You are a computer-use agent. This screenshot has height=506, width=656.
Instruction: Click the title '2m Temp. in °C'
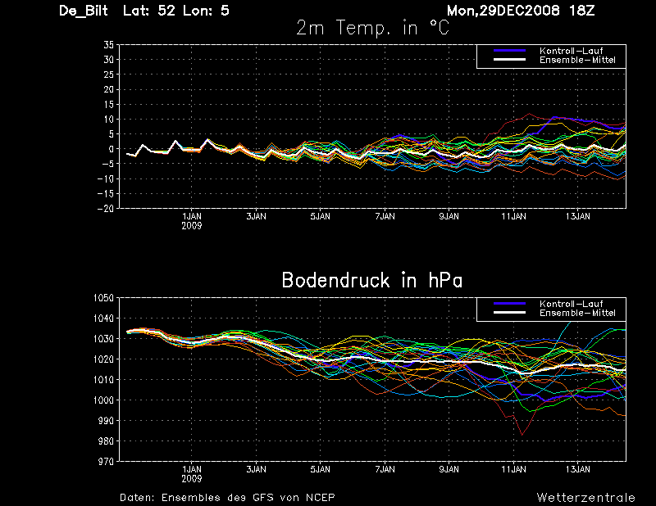point(372,28)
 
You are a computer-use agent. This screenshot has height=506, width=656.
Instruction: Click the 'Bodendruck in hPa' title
point(372,280)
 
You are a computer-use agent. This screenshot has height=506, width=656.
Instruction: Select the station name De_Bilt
point(84,11)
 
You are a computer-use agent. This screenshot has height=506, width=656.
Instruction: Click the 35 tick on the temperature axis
point(108,46)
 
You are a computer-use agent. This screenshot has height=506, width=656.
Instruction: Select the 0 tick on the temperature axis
point(111,149)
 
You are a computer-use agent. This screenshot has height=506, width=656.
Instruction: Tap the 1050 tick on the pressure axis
point(102,298)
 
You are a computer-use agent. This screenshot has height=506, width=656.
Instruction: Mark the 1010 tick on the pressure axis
point(102,380)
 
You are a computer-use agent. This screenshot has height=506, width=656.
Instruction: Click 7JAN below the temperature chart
point(385,217)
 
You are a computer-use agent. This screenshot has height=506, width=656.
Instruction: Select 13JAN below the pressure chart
point(579,470)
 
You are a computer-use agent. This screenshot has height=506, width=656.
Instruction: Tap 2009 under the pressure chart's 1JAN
point(192,478)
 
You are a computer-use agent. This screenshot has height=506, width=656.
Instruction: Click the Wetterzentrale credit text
point(585,497)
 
